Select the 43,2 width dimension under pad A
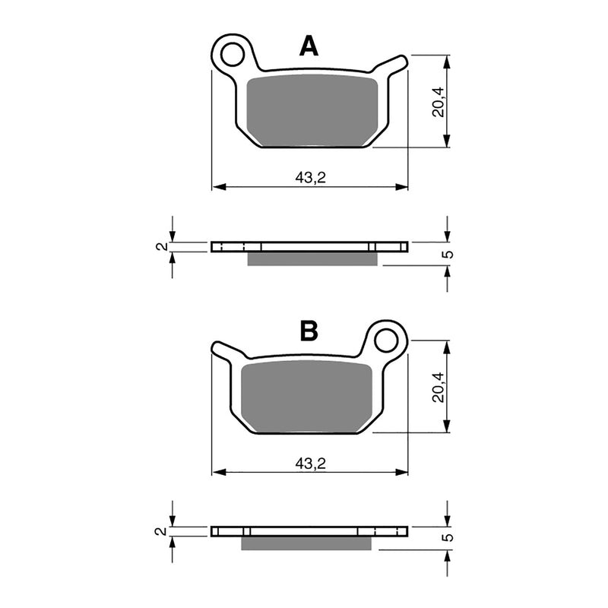pos(309,177)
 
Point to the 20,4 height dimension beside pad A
pos(436,101)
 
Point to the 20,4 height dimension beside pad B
pos(436,387)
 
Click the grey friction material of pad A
pos(313,110)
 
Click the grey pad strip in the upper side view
pos(312,259)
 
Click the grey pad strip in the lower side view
pos(306,543)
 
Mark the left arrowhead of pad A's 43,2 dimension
pos(217,187)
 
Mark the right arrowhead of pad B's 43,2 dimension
pos(402,472)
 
